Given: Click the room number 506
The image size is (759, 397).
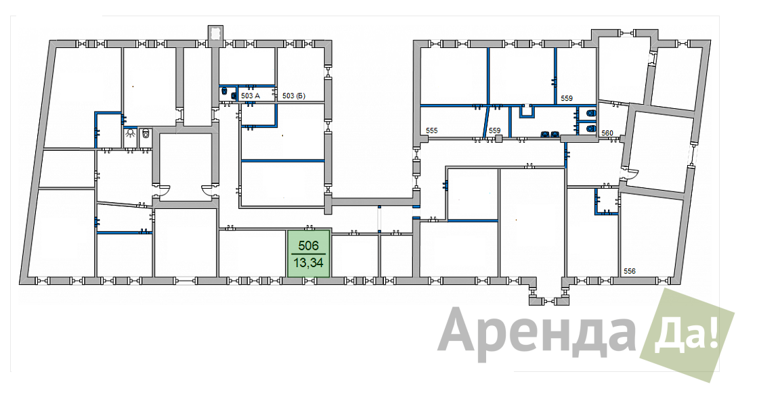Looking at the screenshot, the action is pos(308,246).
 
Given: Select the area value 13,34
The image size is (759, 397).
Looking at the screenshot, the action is pos(308,264).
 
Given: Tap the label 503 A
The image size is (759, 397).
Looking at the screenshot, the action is pos(251,96).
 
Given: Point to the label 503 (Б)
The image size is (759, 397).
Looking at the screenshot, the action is pos(294,96).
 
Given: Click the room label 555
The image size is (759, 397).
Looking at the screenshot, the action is pos(431,131).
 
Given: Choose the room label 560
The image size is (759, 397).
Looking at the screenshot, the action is pos(607,133).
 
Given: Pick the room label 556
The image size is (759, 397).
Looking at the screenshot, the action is pos(629,271).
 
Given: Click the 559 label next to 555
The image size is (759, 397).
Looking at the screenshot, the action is pos(494,131).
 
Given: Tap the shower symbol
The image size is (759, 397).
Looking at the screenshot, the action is pos(130,134).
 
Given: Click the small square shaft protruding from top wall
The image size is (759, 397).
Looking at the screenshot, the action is pos(215,33).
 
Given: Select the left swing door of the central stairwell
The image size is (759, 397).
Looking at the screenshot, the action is pos(162,191).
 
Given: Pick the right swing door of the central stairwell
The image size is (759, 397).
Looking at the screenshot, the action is pos(210,190).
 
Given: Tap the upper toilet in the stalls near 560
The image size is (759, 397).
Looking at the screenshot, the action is pos(590,114).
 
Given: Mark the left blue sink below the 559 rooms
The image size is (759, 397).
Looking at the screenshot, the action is pos(545,134).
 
